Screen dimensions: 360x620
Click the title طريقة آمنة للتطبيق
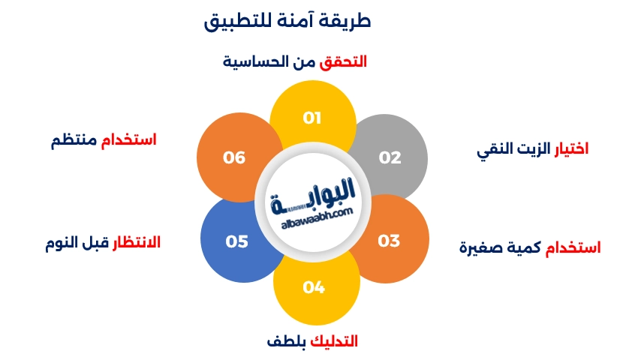click(287, 20)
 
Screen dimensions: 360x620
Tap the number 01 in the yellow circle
click(312, 118)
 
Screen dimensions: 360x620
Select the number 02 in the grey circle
click(390, 157)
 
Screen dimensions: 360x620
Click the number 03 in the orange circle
click(389, 241)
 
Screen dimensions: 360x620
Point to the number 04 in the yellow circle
click(313, 287)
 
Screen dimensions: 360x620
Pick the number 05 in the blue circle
click(236, 241)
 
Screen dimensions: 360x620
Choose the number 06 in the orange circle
click(234, 157)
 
